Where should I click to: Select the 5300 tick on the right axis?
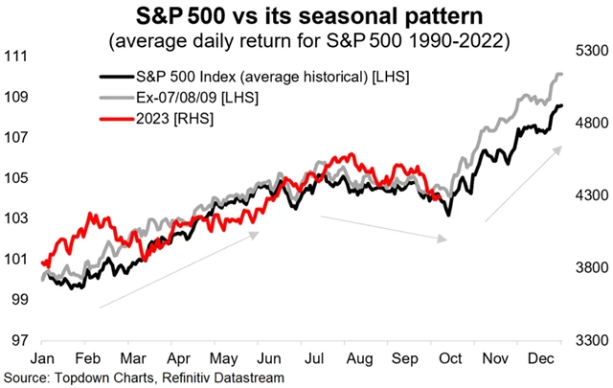point(591,50)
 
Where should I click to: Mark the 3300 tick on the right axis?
point(591,340)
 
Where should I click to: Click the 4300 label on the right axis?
point(591,195)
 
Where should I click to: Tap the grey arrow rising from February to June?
point(178,269)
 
